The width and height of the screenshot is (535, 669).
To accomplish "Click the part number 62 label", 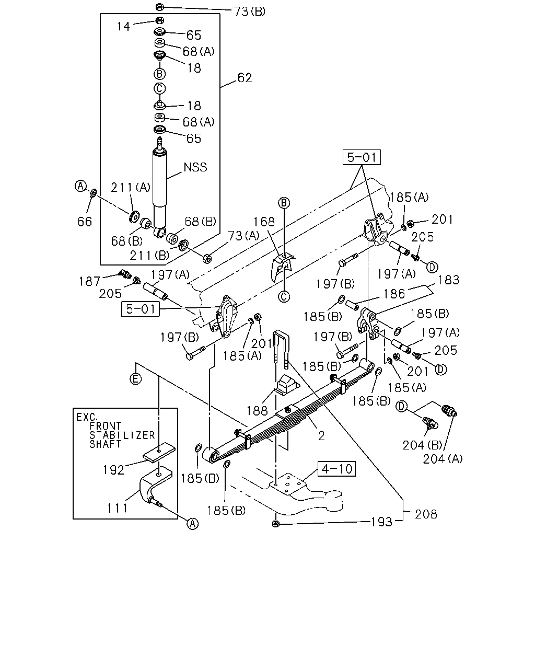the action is [245, 78].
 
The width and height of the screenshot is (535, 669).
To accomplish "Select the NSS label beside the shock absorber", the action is [195, 167].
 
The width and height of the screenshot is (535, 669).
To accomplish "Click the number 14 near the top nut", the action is [123, 27].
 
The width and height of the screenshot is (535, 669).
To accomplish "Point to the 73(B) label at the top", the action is [250, 11].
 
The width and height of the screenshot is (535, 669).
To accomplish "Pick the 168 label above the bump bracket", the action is [264, 222].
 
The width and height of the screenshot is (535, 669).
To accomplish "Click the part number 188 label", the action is [257, 411].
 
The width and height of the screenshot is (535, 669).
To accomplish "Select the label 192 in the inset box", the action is [113, 470].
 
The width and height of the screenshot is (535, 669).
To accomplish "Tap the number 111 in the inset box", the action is [117, 508].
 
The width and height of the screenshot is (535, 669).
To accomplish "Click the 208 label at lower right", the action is [426, 514].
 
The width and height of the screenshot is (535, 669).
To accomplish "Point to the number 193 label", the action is [381, 522].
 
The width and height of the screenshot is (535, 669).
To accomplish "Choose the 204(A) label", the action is [443, 459].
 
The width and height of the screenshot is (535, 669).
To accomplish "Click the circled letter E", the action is [135, 379].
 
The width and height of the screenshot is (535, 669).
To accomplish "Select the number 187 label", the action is [89, 281].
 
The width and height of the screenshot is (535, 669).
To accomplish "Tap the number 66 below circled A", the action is [85, 222].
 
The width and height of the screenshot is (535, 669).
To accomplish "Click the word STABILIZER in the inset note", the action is [122, 435].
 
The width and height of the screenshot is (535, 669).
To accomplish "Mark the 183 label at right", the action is [449, 280].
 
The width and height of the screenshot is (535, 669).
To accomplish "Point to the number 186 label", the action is [394, 294].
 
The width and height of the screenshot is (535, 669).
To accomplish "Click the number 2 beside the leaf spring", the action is [321, 436].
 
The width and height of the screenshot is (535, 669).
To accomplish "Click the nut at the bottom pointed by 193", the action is [275, 524].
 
